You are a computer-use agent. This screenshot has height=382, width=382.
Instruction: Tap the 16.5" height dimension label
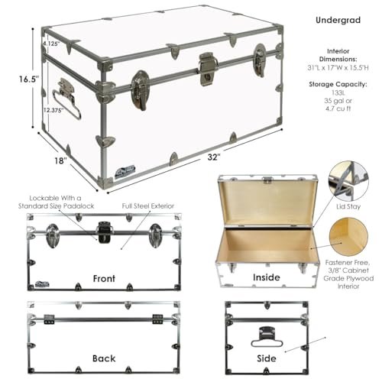(18, 78)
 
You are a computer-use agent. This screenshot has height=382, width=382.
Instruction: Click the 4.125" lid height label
(51, 44)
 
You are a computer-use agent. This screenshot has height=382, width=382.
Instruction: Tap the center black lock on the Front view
(103, 229)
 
